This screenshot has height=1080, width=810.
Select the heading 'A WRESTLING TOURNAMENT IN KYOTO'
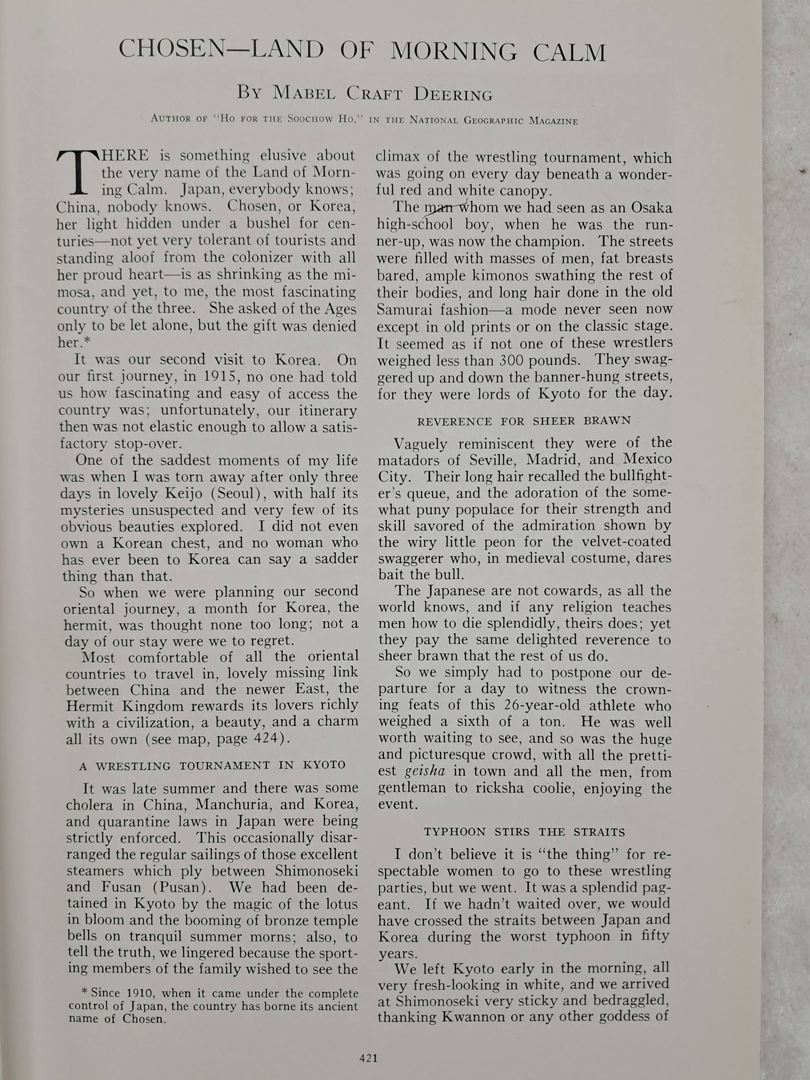212,765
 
